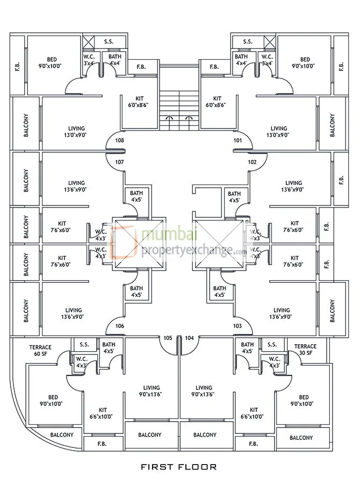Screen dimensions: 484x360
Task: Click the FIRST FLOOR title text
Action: [179, 467]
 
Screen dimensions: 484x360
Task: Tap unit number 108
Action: [120, 141]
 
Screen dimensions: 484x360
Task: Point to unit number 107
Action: [120, 162]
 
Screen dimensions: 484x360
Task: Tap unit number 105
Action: [167, 338]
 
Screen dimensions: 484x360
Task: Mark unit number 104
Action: [189, 338]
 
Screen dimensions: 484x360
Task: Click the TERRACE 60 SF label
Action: [40, 350]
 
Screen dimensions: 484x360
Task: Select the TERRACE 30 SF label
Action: [305, 350]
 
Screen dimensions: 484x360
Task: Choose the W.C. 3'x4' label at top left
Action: [89, 60]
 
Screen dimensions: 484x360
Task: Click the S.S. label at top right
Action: [247, 41]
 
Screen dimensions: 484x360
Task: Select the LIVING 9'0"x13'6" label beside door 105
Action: [152, 391]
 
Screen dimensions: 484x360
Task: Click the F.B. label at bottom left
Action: [102, 444]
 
